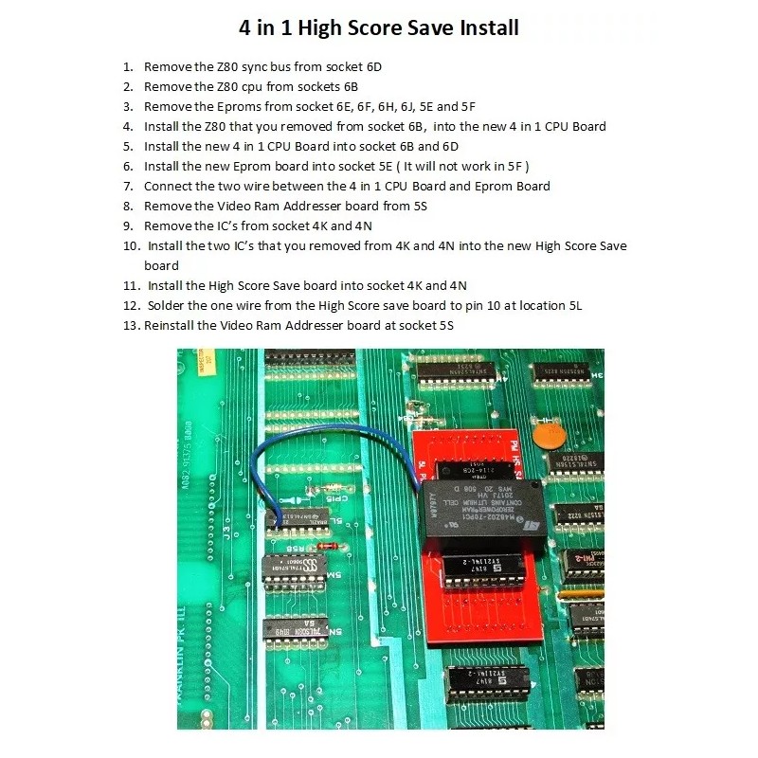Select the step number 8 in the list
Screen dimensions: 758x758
(x=127, y=206)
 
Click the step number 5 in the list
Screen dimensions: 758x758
(x=127, y=146)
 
